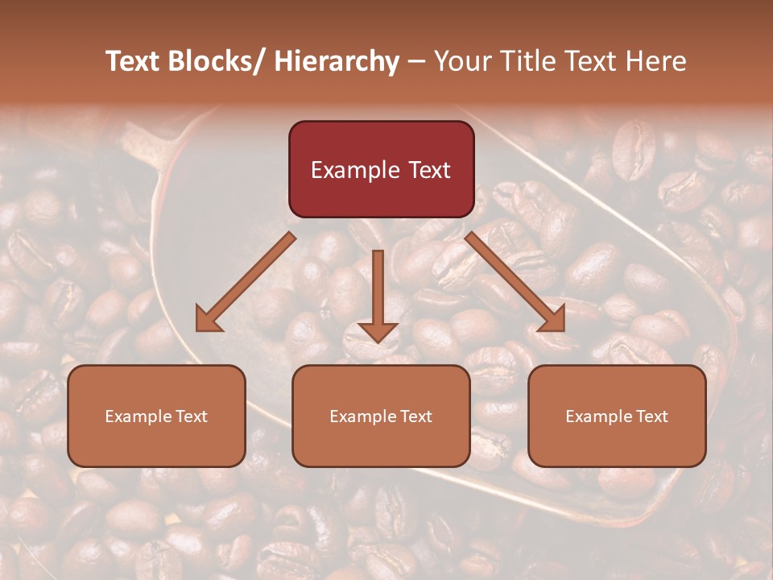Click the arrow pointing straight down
tap(378, 294)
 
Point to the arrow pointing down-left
tap(246, 282)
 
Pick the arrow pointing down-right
tap(515, 282)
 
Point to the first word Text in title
tap(134, 61)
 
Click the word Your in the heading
tap(461, 61)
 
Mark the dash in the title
tap(416, 61)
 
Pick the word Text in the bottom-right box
tap(651, 416)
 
